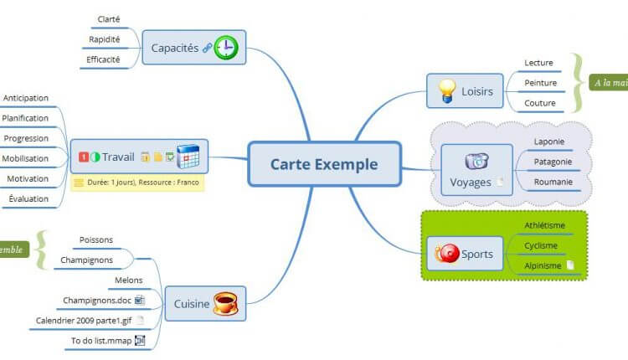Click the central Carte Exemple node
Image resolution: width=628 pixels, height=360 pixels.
point(323,164)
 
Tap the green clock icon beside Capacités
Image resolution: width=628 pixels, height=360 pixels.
point(226,48)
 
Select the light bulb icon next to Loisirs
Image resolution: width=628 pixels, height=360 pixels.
point(446,90)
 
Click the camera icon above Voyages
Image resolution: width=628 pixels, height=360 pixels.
point(476,161)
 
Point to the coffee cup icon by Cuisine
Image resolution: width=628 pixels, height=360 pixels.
point(225,303)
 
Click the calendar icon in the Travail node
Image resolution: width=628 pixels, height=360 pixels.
point(188,157)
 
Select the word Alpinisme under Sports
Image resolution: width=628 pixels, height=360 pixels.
point(542,265)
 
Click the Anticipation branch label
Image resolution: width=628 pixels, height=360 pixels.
point(25,98)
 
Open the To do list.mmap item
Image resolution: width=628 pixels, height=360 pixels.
point(100,340)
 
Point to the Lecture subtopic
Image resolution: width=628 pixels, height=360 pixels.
point(538,63)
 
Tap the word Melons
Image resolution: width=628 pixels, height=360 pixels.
point(128,280)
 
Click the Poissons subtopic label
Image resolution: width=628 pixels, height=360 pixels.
point(96,239)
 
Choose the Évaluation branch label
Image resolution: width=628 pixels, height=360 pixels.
point(28,198)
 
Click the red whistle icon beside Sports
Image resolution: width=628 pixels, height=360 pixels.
point(448,254)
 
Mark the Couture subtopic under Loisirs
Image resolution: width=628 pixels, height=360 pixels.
point(539,103)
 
